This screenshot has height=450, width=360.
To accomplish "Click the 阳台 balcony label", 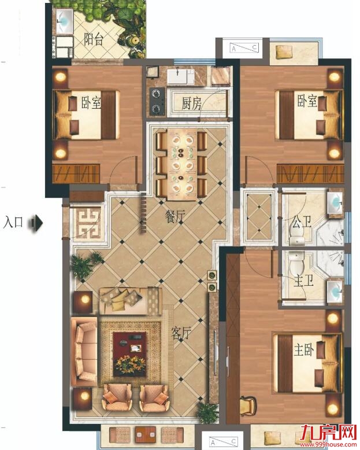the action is click(x=94, y=39).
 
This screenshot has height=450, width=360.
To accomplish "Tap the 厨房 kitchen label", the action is click(x=191, y=104).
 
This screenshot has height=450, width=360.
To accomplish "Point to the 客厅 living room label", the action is click(x=181, y=333).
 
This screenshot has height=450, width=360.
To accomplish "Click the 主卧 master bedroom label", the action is click(x=304, y=349).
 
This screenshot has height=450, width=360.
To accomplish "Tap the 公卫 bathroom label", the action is click(x=302, y=223).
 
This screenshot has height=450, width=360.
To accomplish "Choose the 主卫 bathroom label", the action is click(x=303, y=282).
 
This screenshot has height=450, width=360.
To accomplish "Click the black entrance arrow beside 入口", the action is click(x=36, y=223).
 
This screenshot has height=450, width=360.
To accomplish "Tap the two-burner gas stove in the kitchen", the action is click(x=157, y=101).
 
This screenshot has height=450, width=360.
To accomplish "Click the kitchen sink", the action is click(x=180, y=75).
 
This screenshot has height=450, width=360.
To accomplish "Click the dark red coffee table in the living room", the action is click(x=129, y=354).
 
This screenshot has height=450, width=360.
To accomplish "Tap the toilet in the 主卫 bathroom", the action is click(x=296, y=264).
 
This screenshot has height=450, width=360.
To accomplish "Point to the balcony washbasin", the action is click(x=64, y=21).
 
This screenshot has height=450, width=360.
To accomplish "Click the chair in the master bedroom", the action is click(x=248, y=405).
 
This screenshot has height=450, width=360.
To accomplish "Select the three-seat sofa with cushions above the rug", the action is click(x=130, y=300).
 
